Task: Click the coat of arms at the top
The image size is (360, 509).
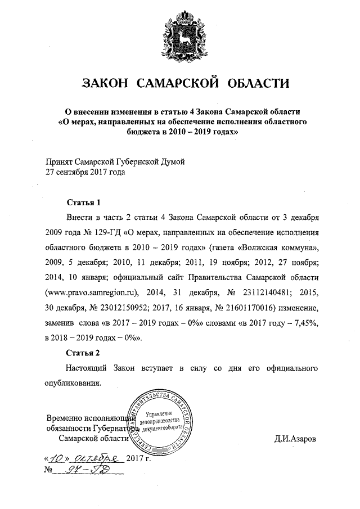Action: coord(179,34)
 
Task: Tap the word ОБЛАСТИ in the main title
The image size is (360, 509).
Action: coord(256,84)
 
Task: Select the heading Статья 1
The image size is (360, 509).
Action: coord(83,202)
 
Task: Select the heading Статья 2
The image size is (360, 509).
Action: coord(83,353)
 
